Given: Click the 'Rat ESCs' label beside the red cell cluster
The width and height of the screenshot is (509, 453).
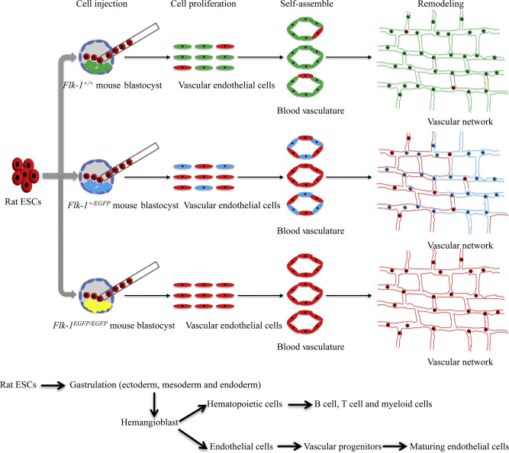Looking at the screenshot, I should point(27,203).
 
